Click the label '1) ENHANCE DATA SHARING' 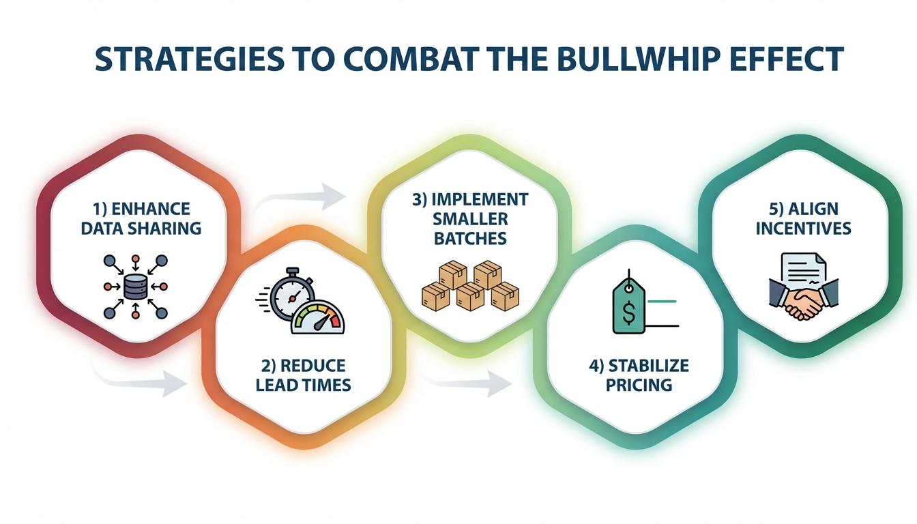tap(141, 218)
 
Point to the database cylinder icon tap(135, 287)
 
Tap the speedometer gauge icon tap(318, 317)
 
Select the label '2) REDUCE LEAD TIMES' tap(304, 375)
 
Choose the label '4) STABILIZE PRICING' tap(639, 375)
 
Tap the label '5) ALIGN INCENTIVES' tap(803, 218)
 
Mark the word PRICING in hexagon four tap(639, 384)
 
